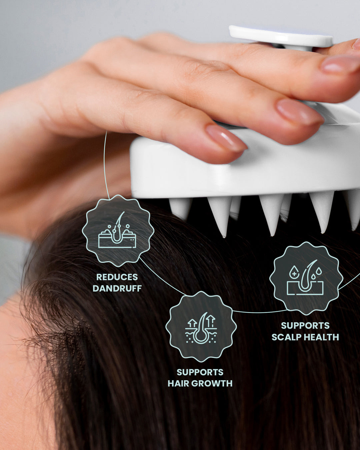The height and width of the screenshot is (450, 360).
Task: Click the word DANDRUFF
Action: (x=117, y=288)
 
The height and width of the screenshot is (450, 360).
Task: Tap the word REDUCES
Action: (x=117, y=277)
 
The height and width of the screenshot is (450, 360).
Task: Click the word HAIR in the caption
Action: (x=178, y=383)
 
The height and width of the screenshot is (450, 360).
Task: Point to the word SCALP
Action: (x=286, y=337)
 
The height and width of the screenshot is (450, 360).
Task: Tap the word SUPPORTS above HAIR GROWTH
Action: (x=200, y=372)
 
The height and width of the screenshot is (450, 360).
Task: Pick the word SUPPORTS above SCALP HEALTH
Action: (x=305, y=326)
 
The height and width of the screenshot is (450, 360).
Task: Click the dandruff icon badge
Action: (x=118, y=231)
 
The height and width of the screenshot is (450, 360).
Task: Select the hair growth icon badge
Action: (x=201, y=327)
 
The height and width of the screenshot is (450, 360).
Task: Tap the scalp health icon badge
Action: (x=306, y=278)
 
